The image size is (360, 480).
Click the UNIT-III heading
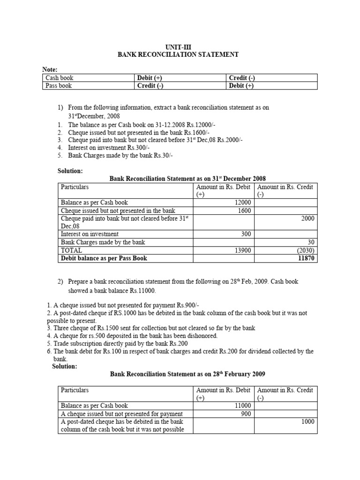(178, 47)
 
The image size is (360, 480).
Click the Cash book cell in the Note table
(60, 78)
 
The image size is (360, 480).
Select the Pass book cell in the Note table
(59, 86)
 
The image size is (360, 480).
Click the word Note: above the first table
(50, 69)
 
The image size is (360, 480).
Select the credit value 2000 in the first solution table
(307, 218)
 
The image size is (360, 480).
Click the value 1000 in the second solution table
(307, 422)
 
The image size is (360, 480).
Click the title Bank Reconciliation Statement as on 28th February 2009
(187, 374)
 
